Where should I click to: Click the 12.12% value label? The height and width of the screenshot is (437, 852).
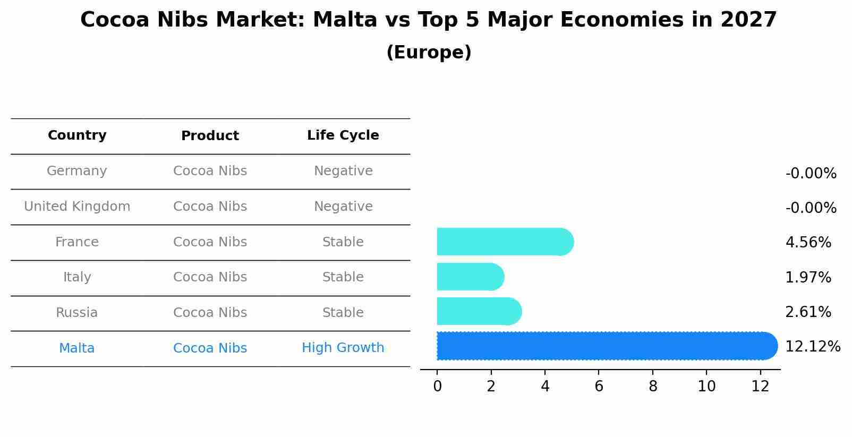(x=812, y=347)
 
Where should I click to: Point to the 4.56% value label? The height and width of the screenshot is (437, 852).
(x=807, y=243)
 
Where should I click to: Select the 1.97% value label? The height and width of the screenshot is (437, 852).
(x=807, y=277)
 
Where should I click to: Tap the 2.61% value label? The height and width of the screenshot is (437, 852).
(x=807, y=312)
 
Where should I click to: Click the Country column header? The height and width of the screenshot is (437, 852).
(x=77, y=135)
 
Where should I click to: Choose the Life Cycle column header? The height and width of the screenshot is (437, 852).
(x=343, y=135)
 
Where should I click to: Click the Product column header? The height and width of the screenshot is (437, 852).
(x=210, y=136)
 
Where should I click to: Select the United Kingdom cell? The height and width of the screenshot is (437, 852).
(x=77, y=207)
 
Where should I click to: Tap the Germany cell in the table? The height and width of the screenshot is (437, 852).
(x=77, y=171)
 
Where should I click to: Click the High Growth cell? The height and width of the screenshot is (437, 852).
(x=343, y=348)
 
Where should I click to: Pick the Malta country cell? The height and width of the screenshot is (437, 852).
(x=77, y=348)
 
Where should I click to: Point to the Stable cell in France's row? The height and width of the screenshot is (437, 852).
(x=343, y=242)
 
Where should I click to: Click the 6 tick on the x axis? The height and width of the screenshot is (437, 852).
(x=599, y=387)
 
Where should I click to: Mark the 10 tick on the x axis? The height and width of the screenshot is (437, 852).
(x=706, y=387)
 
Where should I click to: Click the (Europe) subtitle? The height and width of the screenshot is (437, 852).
(x=429, y=53)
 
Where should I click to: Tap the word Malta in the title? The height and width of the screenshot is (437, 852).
(x=337, y=20)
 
